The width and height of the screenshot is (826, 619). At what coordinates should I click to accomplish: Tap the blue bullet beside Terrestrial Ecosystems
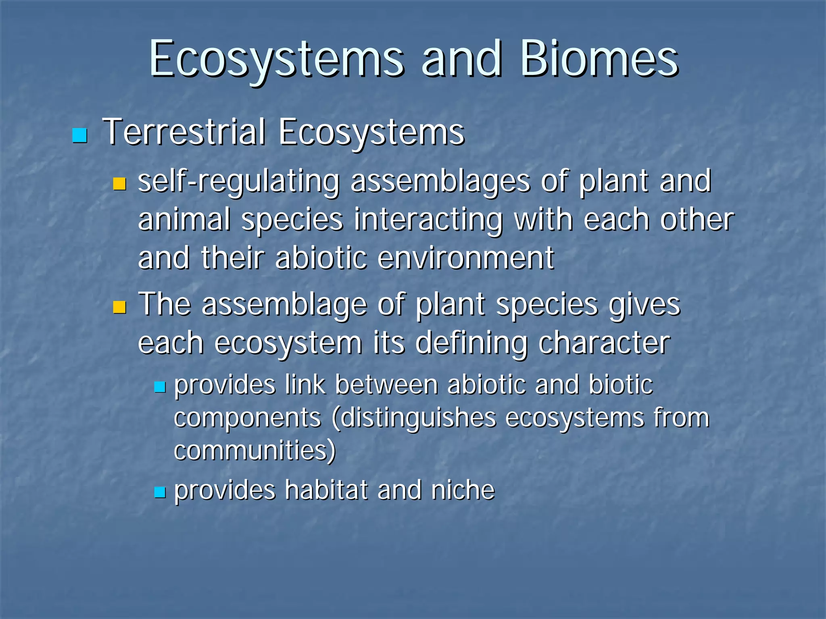click(x=79, y=136)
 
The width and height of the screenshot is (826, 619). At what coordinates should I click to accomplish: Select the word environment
click(x=466, y=258)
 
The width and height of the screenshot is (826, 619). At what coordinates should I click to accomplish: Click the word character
click(x=604, y=343)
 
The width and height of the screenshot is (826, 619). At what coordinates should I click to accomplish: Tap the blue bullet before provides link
click(x=160, y=387)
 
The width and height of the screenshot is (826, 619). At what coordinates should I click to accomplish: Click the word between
click(x=386, y=385)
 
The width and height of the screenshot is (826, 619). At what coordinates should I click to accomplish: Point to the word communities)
click(x=254, y=450)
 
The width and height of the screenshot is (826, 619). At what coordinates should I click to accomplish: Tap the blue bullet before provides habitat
click(x=160, y=492)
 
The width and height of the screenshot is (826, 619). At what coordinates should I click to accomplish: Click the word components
click(x=247, y=418)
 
